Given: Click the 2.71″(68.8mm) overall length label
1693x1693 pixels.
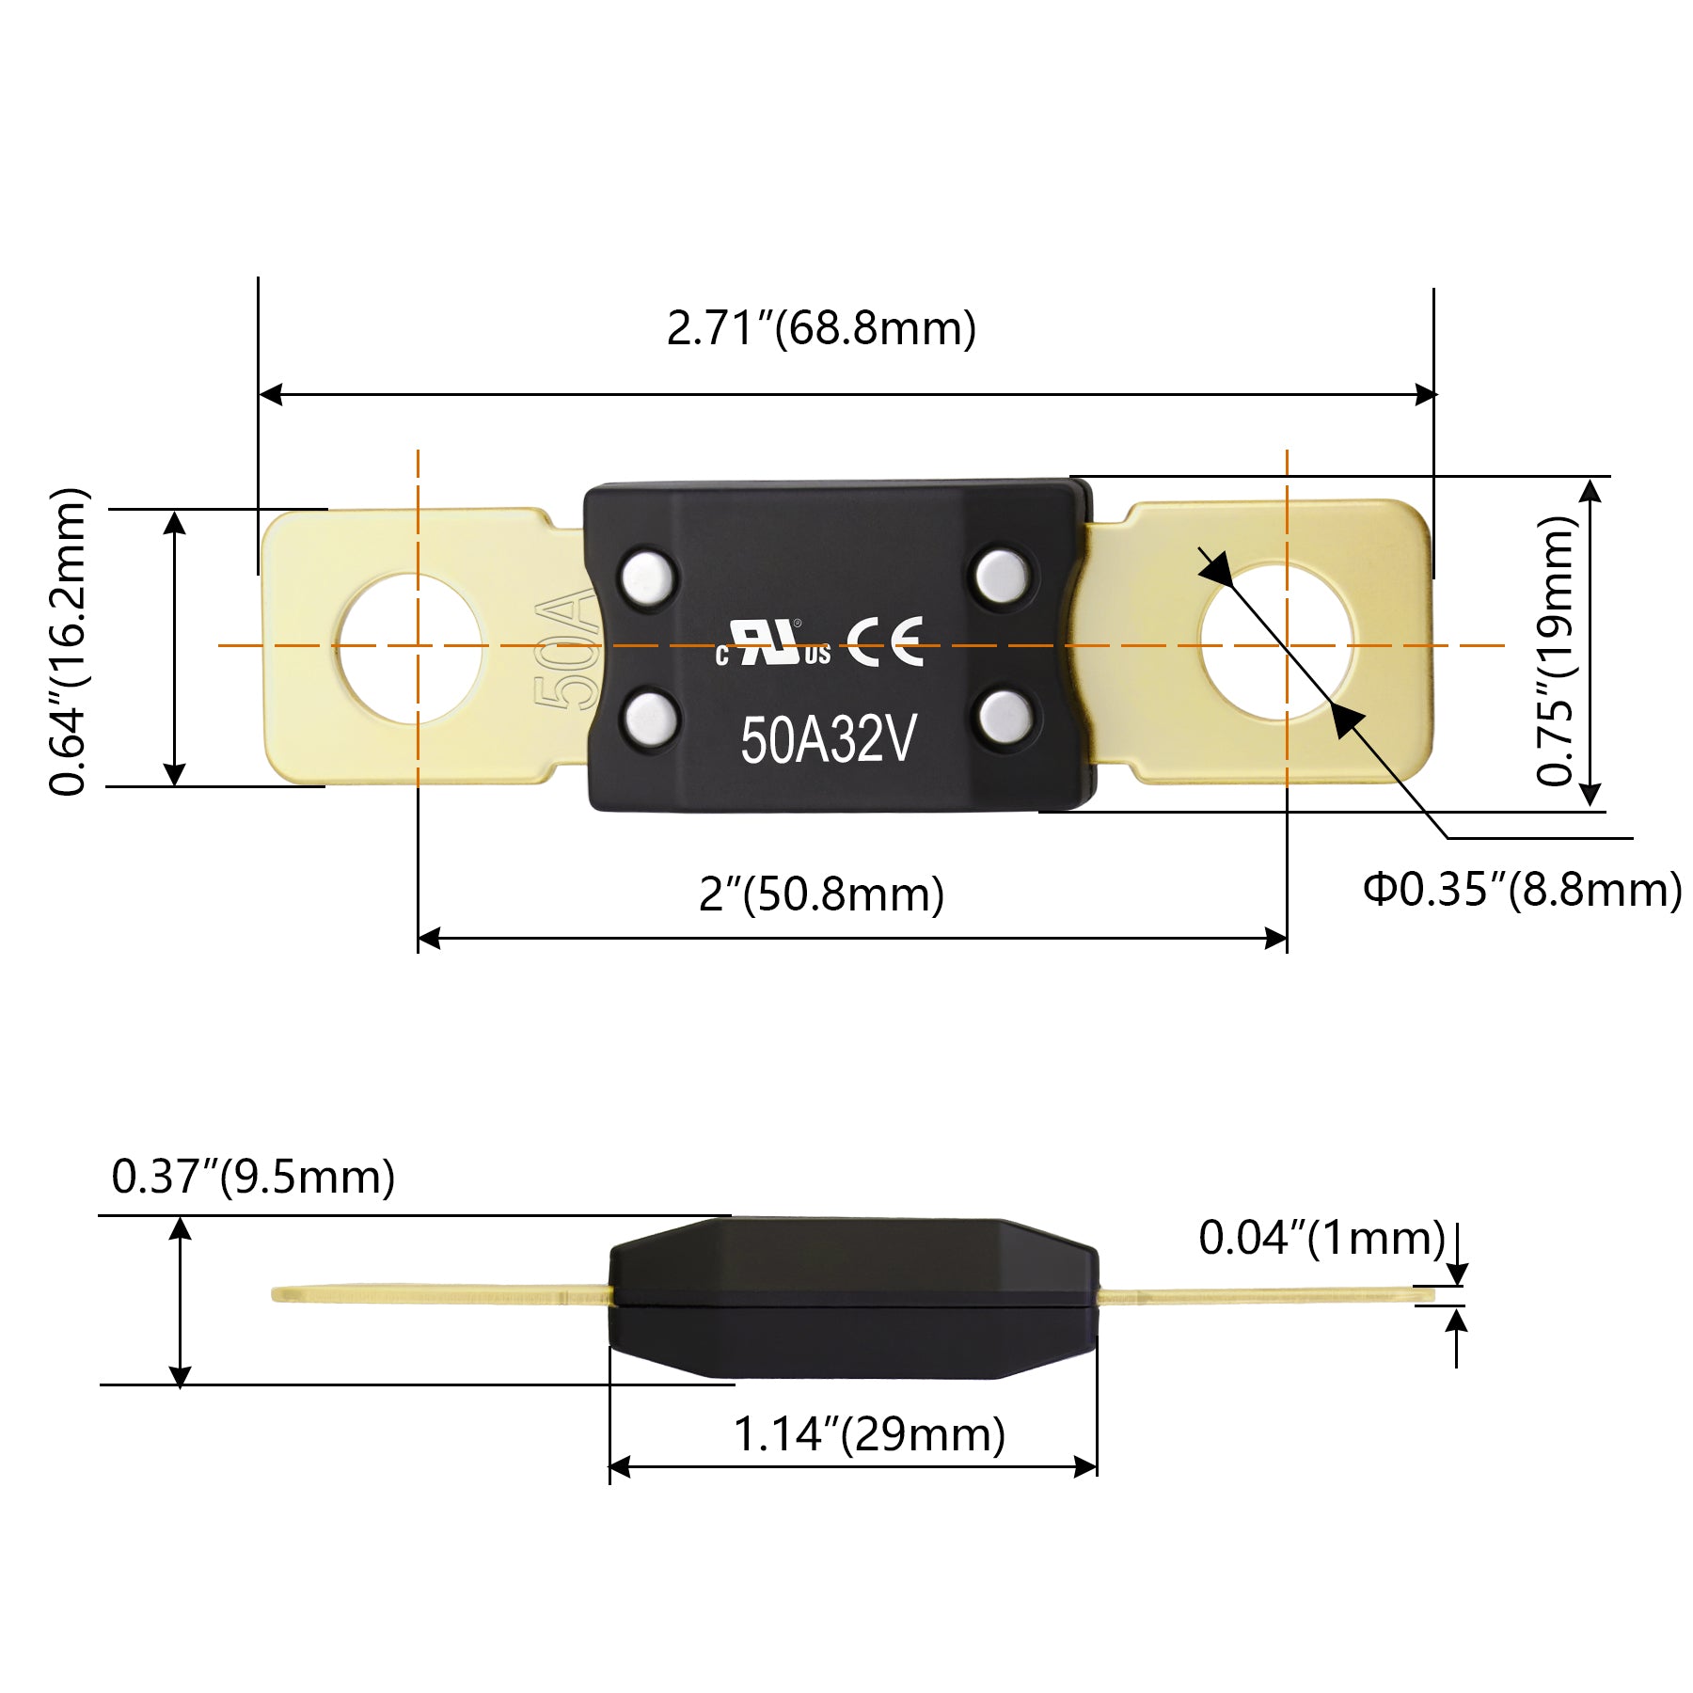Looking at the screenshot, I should pos(821,329).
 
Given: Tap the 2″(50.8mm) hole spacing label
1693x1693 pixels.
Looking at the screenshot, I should pos(821,894).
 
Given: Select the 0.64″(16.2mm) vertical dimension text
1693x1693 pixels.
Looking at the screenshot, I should pos(68,642).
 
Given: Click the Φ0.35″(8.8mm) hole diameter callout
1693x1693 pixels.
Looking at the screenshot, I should pos(1522,890).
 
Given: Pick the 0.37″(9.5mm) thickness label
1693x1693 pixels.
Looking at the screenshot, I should pos(253,1177).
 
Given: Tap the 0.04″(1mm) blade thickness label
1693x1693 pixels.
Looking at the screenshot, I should pos(1321,1238).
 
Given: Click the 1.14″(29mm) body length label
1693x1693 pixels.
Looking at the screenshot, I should pos(869,1435).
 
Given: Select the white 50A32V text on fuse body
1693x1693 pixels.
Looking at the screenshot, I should pos(828,740).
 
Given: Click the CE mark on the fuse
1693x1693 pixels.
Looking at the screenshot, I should pos(885,642).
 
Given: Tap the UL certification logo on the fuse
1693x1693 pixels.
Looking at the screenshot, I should pos(772,644).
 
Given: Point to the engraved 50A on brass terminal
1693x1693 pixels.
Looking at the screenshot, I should pos(566,650).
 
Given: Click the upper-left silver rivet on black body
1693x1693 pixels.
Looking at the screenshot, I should pos(649,577).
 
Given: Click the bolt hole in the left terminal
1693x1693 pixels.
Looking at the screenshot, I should pos(410,648).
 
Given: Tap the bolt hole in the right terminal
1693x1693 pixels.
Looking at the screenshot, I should pos(1275,642).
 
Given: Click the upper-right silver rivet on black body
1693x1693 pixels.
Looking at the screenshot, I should pos(1001,576).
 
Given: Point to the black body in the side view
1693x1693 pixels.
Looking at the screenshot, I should pos(853,1299).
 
